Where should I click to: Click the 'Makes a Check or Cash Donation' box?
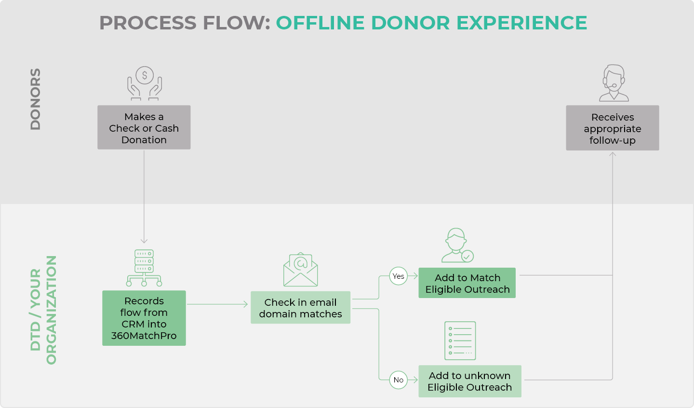pyautogui.click(x=144, y=127)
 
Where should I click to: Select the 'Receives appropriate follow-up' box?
pyautogui.click(x=612, y=128)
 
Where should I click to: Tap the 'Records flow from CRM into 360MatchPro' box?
pyautogui.click(x=144, y=318)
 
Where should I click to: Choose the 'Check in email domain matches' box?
pyautogui.click(x=300, y=307)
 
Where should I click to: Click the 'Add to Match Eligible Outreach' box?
pyautogui.click(x=467, y=283)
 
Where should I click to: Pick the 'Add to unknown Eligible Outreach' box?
pyautogui.click(x=470, y=381)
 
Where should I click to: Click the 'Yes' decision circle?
pyautogui.click(x=398, y=276)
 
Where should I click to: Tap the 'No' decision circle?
pyautogui.click(x=398, y=380)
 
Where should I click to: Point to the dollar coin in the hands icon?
pyautogui.click(x=145, y=75)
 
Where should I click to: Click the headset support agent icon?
pyautogui.click(x=614, y=83)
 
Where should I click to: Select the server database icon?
pyautogui.click(x=144, y=268)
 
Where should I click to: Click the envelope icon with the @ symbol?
pyautogui.click(x=300, y=269)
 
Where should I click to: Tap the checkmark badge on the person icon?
pyautogui.click(x=467, y=257)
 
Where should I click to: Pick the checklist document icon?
pyautogui.click(x=460, y=340)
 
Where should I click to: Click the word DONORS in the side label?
pyautogui.click(x=35, y=99)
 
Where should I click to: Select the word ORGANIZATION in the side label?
pyautogui.click(x=51, y=310)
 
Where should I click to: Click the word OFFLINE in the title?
pyautogui.click(x=320, y=23)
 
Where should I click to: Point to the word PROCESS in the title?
pyautogui.click(x=148, y=23)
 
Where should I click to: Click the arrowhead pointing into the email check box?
pyautogui.click(x=246, y=304)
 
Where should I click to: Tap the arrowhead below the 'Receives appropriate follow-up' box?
pyautogui.click(x=612, y=154)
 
